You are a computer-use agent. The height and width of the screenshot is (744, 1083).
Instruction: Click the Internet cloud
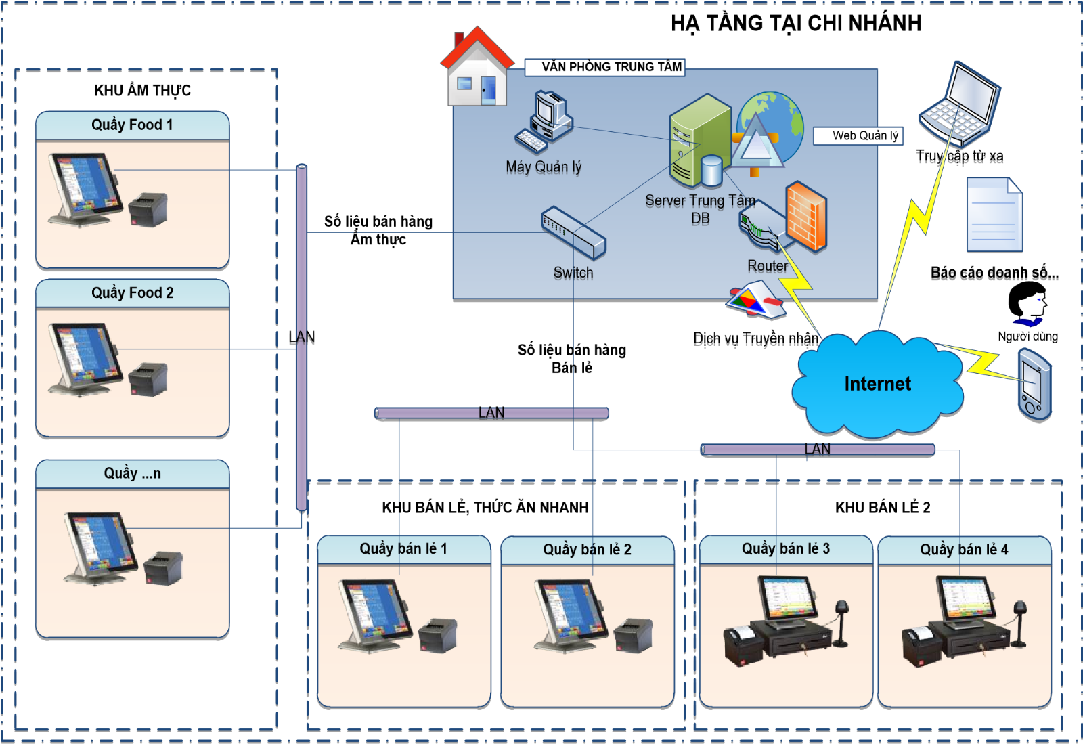tap(877, 385)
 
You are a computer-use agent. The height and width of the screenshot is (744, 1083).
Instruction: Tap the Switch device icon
tap(573, 232)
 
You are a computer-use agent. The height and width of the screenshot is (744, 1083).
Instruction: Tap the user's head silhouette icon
tap(1027, 303)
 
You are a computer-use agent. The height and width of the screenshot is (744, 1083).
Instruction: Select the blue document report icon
tap(994, 215)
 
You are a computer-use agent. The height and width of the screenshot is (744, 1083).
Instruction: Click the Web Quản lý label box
tap(858, 135)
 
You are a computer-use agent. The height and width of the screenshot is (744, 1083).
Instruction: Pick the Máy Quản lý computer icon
tap(545, 123)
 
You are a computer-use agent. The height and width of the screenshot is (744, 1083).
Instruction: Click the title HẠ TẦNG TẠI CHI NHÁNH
tap(795, 24)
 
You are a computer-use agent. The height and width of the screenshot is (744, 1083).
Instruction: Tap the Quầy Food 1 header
tap(133, 125)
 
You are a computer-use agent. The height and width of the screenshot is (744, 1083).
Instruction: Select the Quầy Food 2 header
tap(133, 293)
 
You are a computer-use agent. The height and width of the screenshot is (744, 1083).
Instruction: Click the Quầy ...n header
tap(133, 474)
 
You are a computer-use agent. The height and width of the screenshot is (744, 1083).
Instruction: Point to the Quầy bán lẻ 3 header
tap(786, 549)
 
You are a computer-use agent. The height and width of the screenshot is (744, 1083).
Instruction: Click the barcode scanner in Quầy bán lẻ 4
tap(1019, 623)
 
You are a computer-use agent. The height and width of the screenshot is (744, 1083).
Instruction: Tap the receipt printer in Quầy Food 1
tap(148, 210)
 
